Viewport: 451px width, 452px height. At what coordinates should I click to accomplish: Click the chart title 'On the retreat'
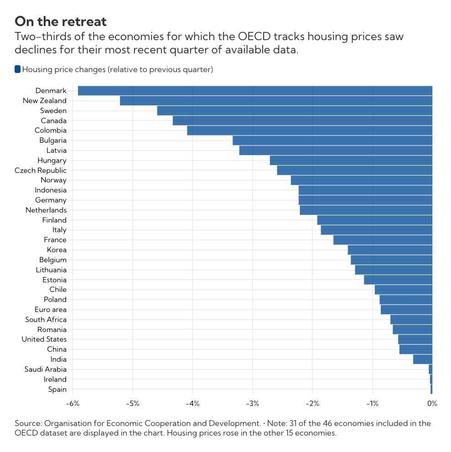coord(61,21)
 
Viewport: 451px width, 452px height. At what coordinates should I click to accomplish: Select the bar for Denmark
coord(255,91)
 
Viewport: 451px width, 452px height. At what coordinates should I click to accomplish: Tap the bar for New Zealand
coord(276,101)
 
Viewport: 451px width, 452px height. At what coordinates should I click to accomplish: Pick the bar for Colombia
coord(310,130)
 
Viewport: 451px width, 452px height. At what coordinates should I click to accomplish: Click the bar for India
coord(423,359)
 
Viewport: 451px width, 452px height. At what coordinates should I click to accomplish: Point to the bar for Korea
coord(390,250)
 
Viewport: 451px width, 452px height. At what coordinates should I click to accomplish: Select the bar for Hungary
coord(351,161)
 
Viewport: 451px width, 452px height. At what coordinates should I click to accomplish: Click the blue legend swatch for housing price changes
coord(18,69)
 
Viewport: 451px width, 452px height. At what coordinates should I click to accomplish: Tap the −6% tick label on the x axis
coord(73,404)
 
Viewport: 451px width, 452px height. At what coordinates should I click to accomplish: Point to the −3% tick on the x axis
coord(252,404)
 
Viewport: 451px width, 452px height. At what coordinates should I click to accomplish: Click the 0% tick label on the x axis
coord(432,404)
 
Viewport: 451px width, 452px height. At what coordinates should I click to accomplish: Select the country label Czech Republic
coord(41,171)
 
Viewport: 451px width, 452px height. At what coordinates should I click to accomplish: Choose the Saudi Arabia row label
coord(45,369)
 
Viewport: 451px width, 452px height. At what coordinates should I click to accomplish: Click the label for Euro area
coord(50,310)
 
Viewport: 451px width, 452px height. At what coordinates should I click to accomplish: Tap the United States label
coord(44,339)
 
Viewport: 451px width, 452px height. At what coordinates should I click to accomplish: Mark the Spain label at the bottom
coord(57,390)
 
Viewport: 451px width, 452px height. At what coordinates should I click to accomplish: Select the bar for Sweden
coord(295,111)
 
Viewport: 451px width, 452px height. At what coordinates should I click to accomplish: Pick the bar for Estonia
coord(398,280)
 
